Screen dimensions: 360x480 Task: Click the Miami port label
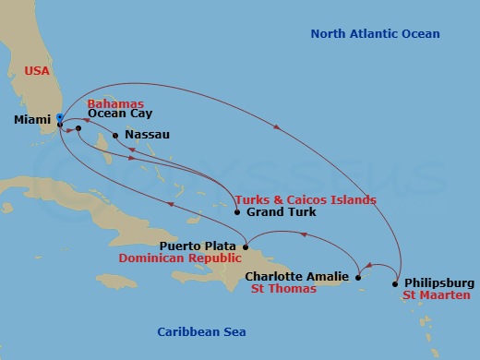point(33,120)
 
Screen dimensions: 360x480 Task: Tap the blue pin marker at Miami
point(59,117)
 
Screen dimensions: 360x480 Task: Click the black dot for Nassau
point(114,135)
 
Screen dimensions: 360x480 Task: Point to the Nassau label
point(146,135)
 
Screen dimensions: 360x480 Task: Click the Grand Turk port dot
point(237,212)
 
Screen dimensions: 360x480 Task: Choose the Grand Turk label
point(282,212)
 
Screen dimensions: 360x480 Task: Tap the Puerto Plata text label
point(198,246)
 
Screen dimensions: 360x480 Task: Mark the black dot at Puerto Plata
point(245,246)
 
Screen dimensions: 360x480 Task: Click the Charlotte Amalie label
point(298,276)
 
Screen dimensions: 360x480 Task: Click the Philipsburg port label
point(439,282)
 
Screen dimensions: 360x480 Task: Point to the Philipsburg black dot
point(395,282)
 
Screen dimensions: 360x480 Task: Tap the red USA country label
point(36,70)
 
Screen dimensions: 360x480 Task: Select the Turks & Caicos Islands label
point(305,199)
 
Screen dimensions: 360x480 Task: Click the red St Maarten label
point(436,295)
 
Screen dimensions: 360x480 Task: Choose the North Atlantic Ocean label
point(375,34)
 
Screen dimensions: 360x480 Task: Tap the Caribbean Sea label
point(201,331)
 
